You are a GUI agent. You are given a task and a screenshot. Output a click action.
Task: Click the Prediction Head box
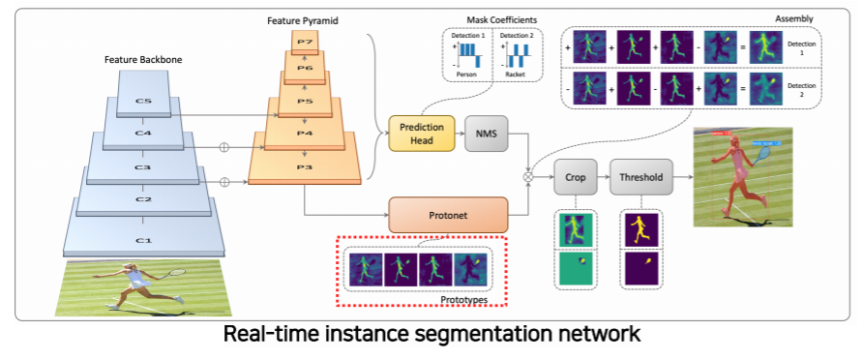(421, 134)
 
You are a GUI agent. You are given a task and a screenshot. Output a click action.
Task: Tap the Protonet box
(447, 214)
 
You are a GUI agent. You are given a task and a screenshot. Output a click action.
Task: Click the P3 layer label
(305, 166)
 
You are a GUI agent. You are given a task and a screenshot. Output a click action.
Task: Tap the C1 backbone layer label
(142, 240)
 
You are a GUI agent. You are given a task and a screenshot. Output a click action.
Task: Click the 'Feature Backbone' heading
(143, 60)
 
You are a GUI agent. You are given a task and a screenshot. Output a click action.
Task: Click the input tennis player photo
(142, 287)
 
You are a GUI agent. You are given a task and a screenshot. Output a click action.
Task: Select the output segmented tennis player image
(742, 176)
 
